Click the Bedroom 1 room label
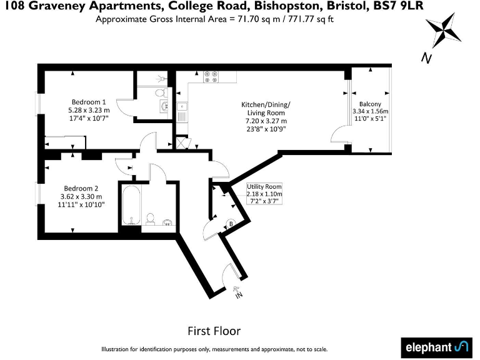[x=88, y=102]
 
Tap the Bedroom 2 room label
[x=81, y=187]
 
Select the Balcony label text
[x=370, y=104]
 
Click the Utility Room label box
[x=264, y=194]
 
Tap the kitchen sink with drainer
[x=182, y=112]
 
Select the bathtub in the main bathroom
[x=130, y=205]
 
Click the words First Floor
[x=214, y=331]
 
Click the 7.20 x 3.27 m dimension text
[x=266, y=121]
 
